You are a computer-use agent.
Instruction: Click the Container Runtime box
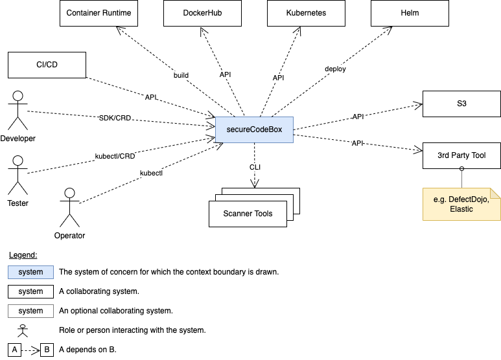(99, 13)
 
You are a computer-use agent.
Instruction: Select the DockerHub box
(202, 13)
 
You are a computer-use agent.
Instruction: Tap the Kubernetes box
(306, 13)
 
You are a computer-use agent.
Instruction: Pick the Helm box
(410, 13)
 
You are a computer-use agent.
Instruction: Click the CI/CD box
(47, 65)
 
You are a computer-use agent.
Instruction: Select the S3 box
(461, 104)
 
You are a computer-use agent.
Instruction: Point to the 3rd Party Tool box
(461, 155)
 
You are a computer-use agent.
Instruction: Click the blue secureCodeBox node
(254, 129)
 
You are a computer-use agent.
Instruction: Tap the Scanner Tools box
(248, 214)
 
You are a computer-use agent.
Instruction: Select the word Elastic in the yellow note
(461, 209)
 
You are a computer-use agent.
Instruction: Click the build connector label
(181, 75)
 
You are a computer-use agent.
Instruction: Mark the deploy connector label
(335, 69)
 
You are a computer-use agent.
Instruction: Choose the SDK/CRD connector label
(115, 118)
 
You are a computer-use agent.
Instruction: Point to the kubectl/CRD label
(115, 156)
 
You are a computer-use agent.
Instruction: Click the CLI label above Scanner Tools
(255, 167)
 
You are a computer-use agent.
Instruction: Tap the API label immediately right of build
(225, 74)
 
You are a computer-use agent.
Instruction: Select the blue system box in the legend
(30, 272)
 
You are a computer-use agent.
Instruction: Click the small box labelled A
(14, 350)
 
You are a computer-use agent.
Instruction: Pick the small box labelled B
(47, 350)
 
